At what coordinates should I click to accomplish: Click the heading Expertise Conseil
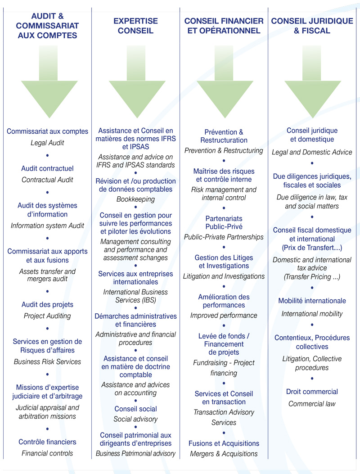136,26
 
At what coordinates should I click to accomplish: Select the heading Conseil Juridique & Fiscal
312,26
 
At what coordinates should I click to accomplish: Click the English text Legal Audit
47,143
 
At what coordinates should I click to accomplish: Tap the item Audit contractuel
47,168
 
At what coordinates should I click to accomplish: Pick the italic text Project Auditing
47,316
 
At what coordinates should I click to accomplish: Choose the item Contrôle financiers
47,442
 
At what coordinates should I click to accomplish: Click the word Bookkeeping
136,199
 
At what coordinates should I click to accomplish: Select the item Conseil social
136,409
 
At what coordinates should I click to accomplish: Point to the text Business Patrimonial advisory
136,453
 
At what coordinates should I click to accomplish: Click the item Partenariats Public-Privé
224,222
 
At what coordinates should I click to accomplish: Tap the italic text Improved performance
224,315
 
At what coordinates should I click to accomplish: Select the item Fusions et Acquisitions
224,443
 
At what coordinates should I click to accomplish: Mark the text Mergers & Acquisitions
224,454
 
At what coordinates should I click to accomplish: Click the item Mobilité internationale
312,301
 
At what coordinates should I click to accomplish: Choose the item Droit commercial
312,392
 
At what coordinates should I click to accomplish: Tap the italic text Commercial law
312,404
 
